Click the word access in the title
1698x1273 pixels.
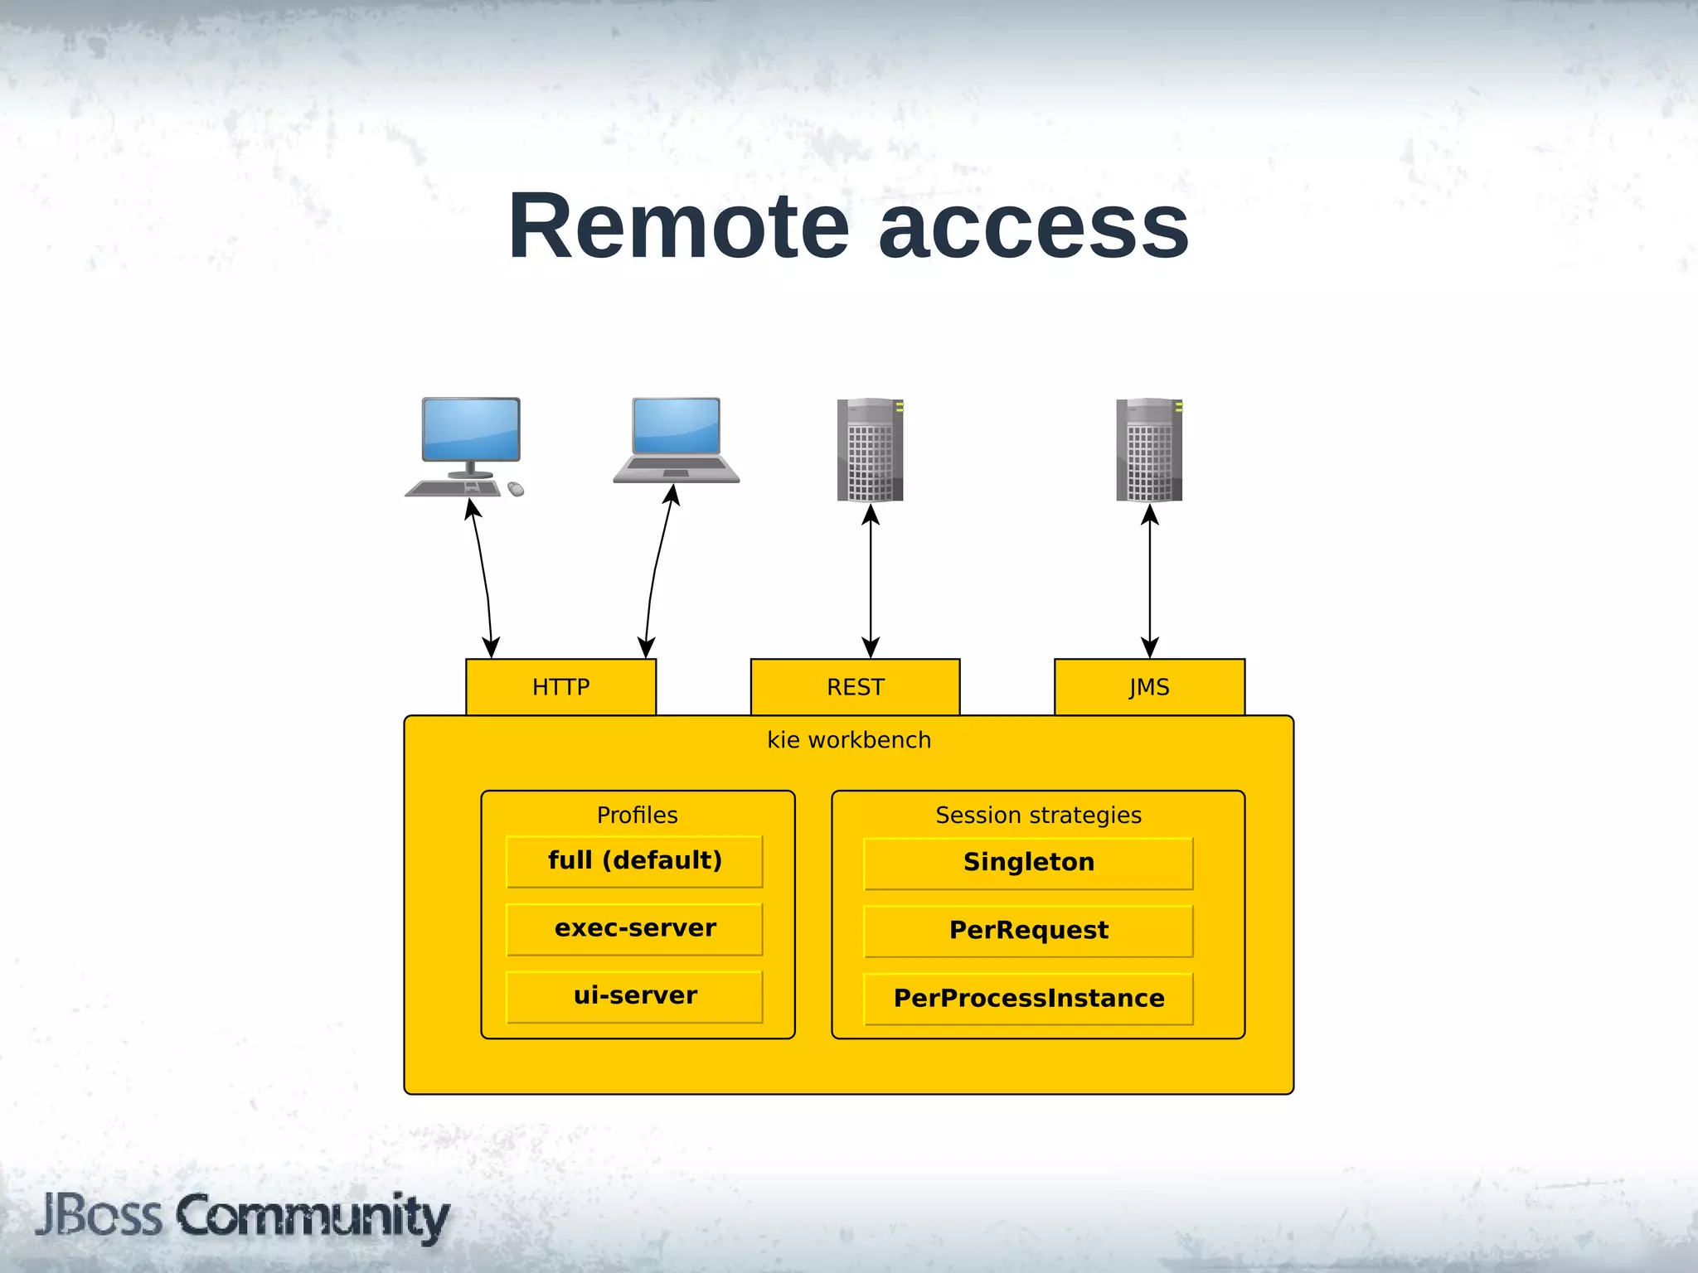[x=1033, y=226]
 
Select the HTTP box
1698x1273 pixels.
[x=560, y=687]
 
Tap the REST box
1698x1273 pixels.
[x=855, y=687]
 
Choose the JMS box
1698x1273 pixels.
[x=1149, y=687]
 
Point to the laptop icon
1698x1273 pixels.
[x=676, y=440]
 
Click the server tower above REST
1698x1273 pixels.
[x=870, y=450]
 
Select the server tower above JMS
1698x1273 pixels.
[x=1149, y=450]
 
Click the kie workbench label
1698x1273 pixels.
[x=848, y=739]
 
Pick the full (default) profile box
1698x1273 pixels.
[x=634, y=861]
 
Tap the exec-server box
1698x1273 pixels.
[x=634, y=928]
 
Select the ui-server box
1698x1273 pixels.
[x=634, y=995]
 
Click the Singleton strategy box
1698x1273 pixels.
[x=1028, y=863]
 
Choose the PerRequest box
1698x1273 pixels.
[x=1028, y=931]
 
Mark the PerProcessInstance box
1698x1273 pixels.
[x=1028, y=999]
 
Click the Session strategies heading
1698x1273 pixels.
[x=1038, y=815]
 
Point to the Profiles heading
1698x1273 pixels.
[x=637, y=815]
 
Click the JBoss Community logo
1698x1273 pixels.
[x=242, y=1216]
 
